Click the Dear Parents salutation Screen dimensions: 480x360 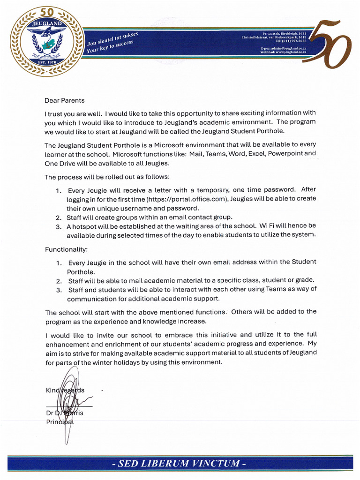point(65,100)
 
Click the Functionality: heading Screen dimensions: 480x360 point(66,249)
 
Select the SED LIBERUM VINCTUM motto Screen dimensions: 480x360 point(180,464)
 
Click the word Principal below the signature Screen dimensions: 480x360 point(60,422)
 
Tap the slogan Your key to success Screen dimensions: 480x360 point(110,47)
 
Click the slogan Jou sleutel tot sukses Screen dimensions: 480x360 point(112,39)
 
